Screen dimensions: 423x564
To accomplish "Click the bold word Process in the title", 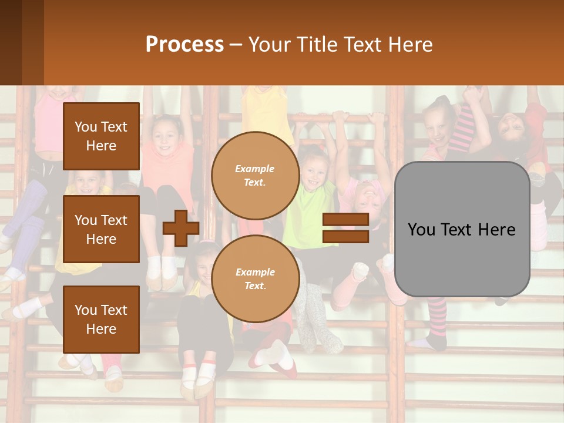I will coord(184,45).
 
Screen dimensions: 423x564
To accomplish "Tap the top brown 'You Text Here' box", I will coord(101,136).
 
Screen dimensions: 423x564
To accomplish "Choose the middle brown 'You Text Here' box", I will coord(101,229).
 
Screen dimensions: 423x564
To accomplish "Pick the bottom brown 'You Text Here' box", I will coord(101,320).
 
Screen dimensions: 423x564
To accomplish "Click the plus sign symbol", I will coord(181,229).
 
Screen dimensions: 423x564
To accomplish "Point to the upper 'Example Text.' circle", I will coord(255,175).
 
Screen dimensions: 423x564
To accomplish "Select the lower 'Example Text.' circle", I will coord(255,278).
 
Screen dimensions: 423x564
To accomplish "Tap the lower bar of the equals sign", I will coord(345,236).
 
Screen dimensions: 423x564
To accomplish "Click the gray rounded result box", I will coord(462,229).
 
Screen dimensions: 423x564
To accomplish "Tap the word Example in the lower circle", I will coord(255,271).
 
